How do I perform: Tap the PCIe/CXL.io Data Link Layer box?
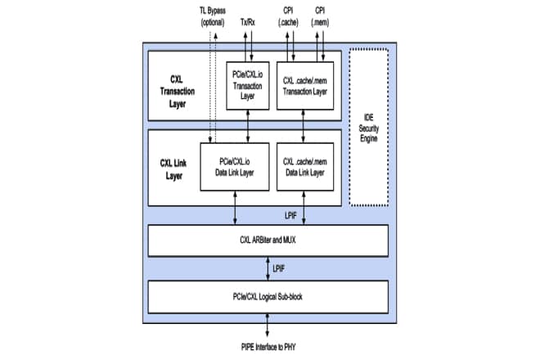(235, 166)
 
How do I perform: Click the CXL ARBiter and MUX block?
(267, 240)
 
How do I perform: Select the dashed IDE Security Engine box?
(370, 126)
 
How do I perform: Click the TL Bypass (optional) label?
(212, 17)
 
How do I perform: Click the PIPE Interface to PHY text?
(267, 346)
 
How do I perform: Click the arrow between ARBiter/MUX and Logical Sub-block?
(267, 268)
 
